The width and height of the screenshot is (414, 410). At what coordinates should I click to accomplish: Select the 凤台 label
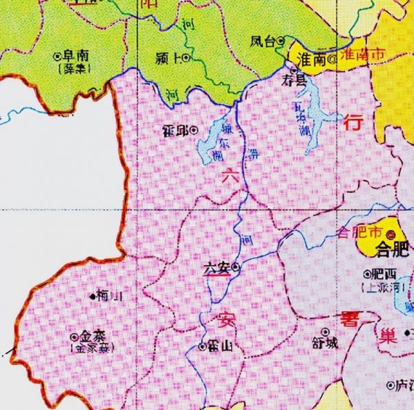click(x=263, y=41)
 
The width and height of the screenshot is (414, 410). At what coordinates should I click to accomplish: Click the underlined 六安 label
click(x=217, y=267)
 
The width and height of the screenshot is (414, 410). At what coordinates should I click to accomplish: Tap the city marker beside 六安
click(x=236, y=267)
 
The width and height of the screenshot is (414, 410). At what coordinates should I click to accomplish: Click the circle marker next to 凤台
click(x=282, y=41)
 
